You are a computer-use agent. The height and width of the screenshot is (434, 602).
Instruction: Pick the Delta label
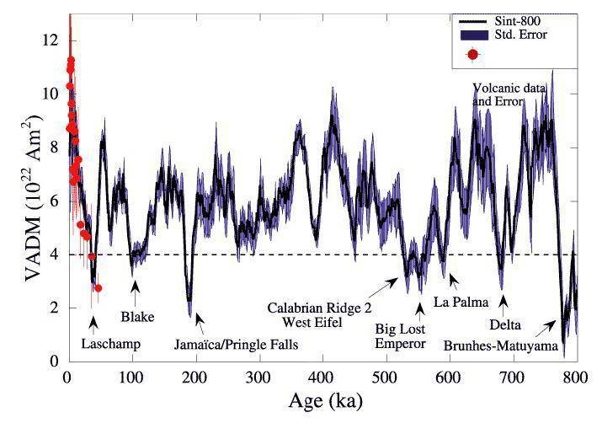(506, 323)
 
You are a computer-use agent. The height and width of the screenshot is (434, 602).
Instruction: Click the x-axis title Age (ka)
(322, 400)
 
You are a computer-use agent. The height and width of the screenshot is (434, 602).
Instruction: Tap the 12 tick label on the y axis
(51, 39)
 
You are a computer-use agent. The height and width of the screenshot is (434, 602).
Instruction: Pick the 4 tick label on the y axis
(55, 254)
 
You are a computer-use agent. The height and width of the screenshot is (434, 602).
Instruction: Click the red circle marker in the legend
(473, 55)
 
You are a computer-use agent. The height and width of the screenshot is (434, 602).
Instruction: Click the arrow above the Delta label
(503, 301)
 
